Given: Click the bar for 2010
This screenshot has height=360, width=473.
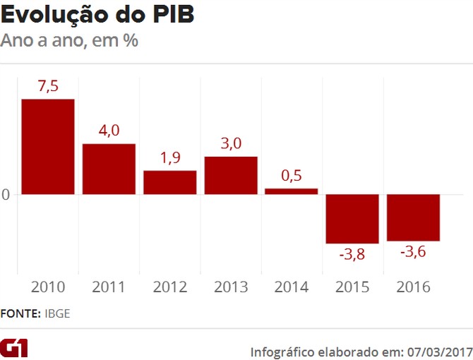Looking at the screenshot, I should coord(48,146).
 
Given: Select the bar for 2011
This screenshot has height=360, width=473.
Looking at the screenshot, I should coord(109,169).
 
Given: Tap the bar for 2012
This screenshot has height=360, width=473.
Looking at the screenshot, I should coord(170,182).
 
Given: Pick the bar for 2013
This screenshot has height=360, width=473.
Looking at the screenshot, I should coord(231,175).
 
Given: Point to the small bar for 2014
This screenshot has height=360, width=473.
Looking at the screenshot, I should coord(292,191).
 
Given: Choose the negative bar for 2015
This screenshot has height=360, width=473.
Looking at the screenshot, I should coord(352,219).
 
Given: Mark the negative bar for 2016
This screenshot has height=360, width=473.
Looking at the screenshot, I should coord(414,217).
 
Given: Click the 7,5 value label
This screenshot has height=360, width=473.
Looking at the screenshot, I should coord(48,87).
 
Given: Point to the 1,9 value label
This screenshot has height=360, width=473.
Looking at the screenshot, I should coord(170,158).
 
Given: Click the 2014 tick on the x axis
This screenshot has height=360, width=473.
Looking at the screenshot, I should coord(292,287).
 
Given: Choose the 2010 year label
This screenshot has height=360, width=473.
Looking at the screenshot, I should coord(48,287).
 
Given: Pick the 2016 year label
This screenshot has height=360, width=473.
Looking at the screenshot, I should coord(414,287).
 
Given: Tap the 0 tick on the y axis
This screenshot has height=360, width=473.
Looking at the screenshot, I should coord(6,194).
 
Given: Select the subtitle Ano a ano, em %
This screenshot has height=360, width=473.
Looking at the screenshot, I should coord(69,40).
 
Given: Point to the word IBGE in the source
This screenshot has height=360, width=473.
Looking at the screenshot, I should coord(57,313).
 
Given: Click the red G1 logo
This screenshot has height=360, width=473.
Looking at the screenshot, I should coord(14,348).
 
